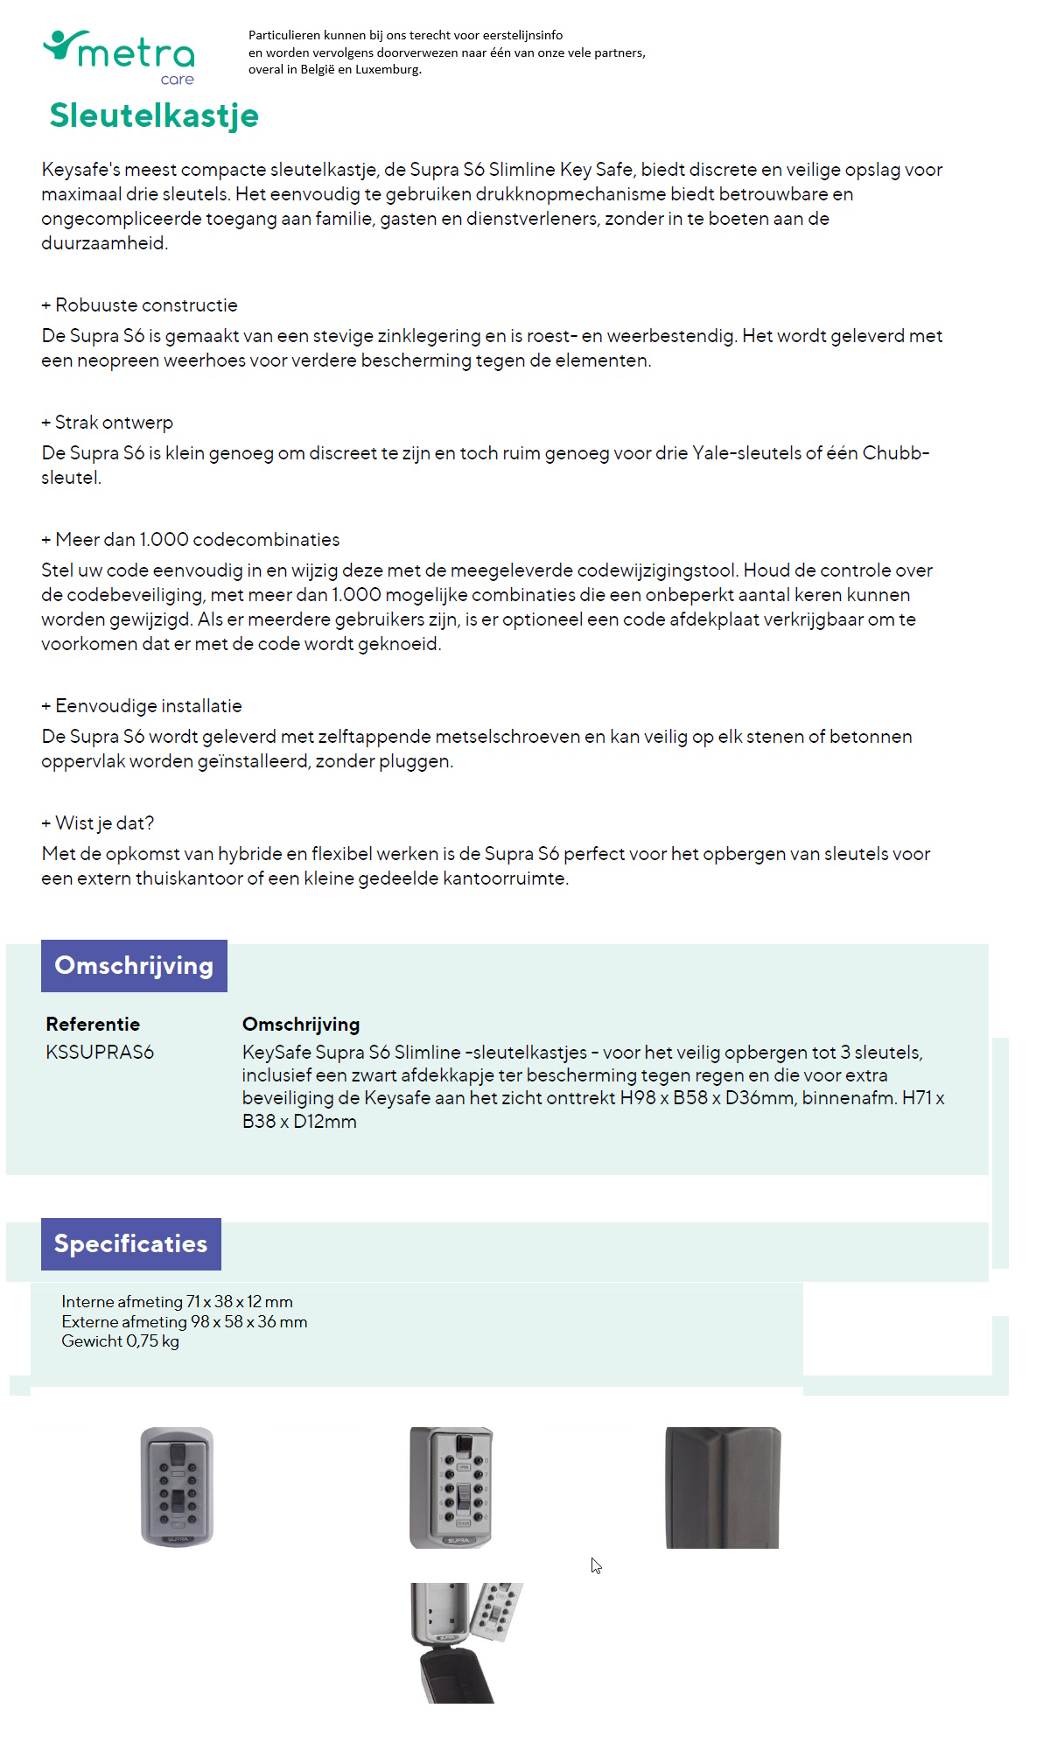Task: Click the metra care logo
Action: click(120, 57)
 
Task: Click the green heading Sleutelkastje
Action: click(154, 115)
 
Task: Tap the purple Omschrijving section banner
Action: click(134, 966)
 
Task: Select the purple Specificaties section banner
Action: click(131, 1244)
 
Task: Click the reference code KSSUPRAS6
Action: click(100, 1053)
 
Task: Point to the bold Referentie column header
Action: click(93, 1025)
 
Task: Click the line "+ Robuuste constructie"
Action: click(140, 305)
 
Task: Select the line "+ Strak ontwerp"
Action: click(108, 423)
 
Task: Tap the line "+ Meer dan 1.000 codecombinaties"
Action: click(191, 540)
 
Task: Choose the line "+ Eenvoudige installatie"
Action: click(142, 706)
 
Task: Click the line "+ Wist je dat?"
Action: click(98, 823)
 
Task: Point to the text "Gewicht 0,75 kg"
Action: click(120, 1341)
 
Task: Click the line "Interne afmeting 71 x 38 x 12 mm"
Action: click(177, 1302)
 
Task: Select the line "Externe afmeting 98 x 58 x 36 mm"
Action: click(184, 1322)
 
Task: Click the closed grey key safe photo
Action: click(177, 1487)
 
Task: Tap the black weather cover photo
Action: click(723, 1487)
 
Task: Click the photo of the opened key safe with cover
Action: click(466, 1642)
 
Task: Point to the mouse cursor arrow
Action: click(595, 1564)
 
